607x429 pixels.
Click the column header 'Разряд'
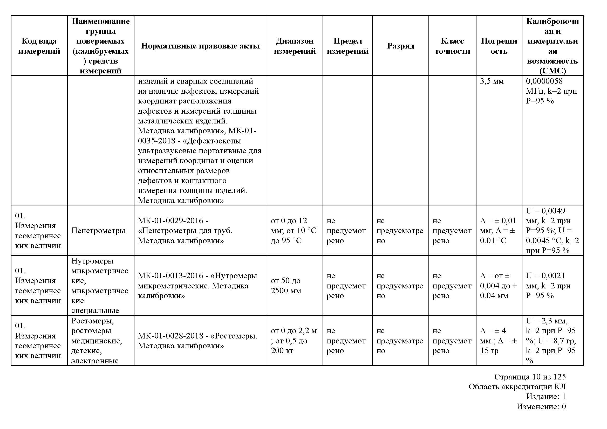400,46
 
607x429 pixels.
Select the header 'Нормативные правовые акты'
200,46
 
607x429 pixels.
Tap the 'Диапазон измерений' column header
295,46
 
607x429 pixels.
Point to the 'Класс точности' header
452,46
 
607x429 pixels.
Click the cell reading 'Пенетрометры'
98,230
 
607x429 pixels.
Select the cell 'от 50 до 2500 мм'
286,286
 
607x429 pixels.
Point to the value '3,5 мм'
492,81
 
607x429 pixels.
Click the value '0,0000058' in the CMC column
544,81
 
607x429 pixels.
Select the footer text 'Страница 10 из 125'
530,377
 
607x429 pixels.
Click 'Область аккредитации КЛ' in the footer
517,387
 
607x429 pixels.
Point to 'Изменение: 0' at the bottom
541,406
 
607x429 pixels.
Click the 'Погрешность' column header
499,46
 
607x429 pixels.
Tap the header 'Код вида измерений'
39,46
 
